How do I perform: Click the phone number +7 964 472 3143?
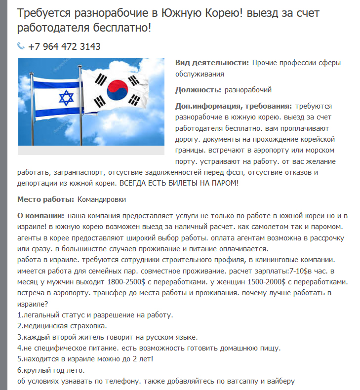tap(64, 46)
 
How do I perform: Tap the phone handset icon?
tap(21, 46)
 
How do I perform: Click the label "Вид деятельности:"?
tap(212, 63)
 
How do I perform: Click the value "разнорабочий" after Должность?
tap(248, 90)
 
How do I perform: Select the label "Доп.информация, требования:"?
tap(234, 106)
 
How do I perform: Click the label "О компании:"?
tap(40, 216)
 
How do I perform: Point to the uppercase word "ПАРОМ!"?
tap(223, 183)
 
